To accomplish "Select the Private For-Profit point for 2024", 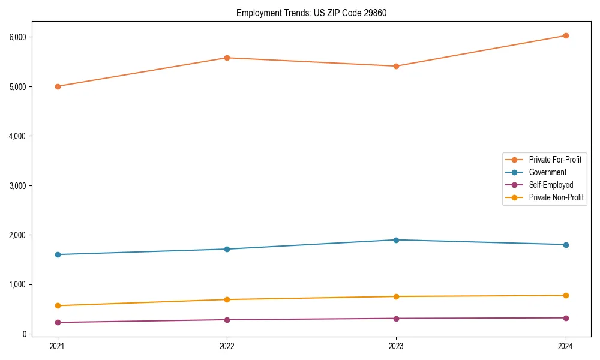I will coord(566,35).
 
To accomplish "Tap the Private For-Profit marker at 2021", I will coord(58,86).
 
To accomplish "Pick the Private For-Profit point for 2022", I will coord(227,58).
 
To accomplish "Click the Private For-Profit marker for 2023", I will coord(396,66).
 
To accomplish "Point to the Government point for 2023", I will coord(396,240).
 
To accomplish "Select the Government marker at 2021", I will coord(58,254).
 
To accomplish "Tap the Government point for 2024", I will coord(566,245).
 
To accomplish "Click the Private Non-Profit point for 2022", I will coord(227,299).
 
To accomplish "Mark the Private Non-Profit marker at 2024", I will coord(566,295).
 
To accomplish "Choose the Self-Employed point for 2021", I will coord(58,322).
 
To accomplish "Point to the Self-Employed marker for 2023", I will coord(396,318).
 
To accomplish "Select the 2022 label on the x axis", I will coord(227,346).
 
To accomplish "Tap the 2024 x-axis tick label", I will coord(566,346).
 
